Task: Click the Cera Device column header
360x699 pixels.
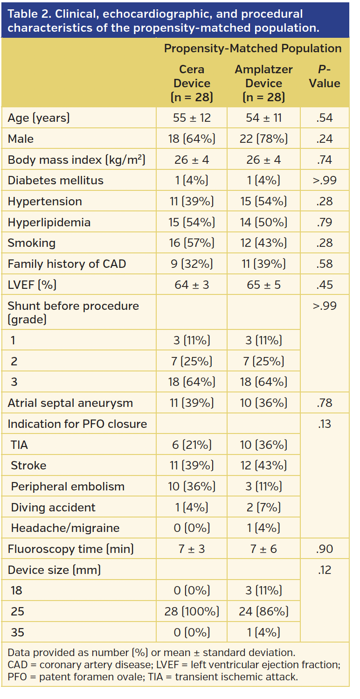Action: [x=192, y=83]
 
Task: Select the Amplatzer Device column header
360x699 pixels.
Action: [x=263, y=83]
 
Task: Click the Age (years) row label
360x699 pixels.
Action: [x=39, y=118]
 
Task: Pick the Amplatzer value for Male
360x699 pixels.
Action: [x=263, y=139]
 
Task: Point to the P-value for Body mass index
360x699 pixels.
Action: [x=324, y=160]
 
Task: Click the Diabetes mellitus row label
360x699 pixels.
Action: [x=55, y=181]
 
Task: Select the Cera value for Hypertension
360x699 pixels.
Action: [x=192, y=202]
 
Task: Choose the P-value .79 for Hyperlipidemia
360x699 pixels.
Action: [x=324, y=223]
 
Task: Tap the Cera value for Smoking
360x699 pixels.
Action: [x=192, y=243]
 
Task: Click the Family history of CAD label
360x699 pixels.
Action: [x=67, y=264]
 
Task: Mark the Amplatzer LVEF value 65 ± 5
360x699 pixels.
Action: [x=263, y=285]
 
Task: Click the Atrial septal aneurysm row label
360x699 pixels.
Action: [x=70, y=403]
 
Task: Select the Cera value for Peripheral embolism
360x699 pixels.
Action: [x=192, y=487]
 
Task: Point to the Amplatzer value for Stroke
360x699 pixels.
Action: [x=263, y=466]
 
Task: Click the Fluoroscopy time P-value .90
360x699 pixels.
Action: [x=324, y=549]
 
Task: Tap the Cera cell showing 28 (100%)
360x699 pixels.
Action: [x=192, y=612]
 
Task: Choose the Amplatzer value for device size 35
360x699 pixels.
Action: [x=263, y=633]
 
